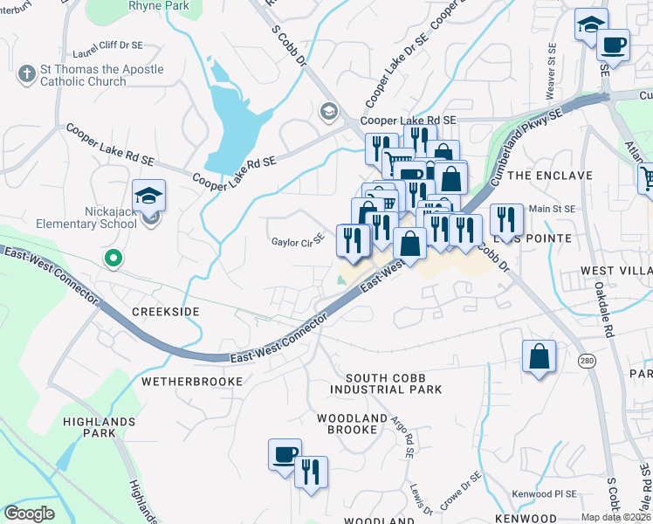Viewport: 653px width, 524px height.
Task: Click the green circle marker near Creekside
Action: (112, 258)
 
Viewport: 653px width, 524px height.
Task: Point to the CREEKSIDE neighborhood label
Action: (165, 312)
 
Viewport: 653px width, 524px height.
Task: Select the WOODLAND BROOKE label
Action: (352, 424)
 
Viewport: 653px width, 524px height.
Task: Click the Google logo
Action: (29, 514)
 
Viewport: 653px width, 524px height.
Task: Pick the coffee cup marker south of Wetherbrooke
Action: (285, 454)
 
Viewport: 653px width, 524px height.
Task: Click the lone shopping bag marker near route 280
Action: (539, 356)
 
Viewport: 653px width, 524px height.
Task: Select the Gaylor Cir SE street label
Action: (298, 241)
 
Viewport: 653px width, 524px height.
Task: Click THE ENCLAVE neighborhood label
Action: (549, 176)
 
